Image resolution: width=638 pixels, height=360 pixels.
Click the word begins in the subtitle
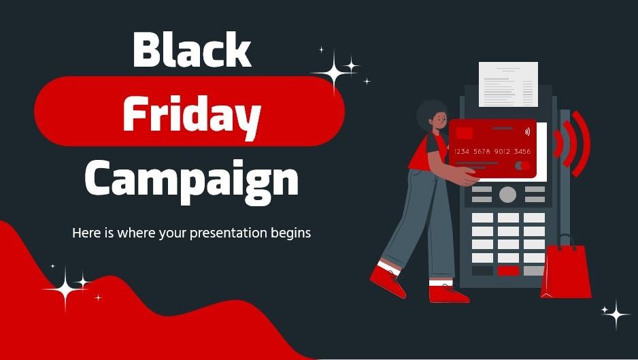tap(292, 233)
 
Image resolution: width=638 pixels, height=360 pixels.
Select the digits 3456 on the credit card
tap(522, 151)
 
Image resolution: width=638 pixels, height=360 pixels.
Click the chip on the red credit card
tap(465, 133)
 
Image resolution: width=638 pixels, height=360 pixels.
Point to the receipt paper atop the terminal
tap(507, 84)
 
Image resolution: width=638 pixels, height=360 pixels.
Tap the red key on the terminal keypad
tap(507, 271)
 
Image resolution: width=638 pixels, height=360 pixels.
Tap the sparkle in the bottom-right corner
tap(616, 314)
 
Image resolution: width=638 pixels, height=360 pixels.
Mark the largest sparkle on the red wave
tap(66, 289)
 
